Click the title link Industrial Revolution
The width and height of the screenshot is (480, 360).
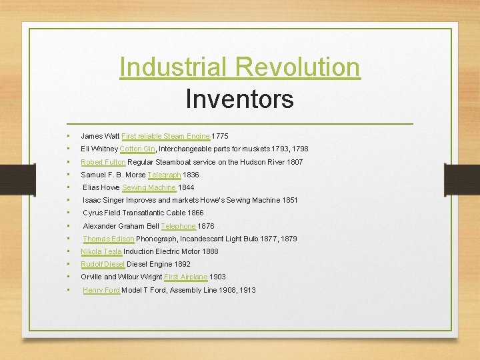[240, 67]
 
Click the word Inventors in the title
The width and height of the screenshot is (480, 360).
[239, 99]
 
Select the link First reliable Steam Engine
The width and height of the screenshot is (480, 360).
[165, 136]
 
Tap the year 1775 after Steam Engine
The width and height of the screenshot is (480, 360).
[220, 136]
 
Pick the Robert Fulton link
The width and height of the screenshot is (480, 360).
[103, 162]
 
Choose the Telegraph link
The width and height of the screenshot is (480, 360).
[164, 175]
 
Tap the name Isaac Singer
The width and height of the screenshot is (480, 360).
[101, 200]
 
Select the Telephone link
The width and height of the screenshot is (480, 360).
[178, 226]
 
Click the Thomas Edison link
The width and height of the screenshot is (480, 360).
[109, 239]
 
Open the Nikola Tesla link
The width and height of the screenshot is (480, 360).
[101, 251]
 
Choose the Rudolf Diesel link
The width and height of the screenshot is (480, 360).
[103, 264]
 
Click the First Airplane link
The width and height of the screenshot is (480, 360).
[185, 277]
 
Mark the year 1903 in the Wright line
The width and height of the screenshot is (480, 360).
[218, 277]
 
